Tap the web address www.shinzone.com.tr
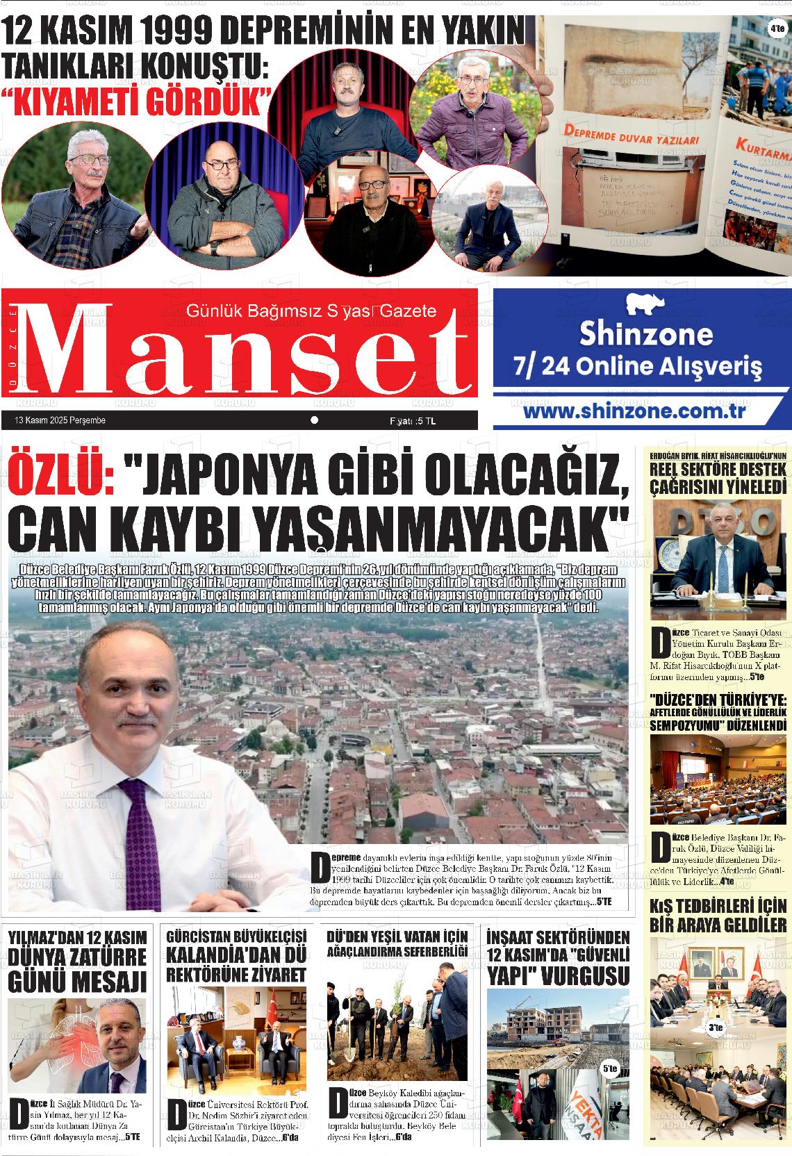pyautogui.click(x=634, y=411)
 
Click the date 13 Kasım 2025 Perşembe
pyautogui.click(x=60, y=420)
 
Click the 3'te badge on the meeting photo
pyautogui.click(x=716, y=1027)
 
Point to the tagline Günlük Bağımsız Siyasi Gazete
pyautogui.click(x=312, y=311)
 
